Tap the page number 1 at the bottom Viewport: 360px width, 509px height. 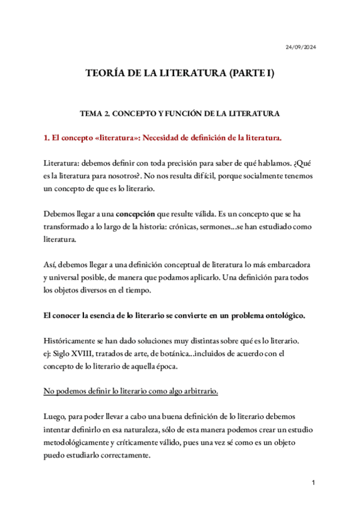pyautogui.click(x=313, y=483)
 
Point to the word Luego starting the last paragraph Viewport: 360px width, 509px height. pyautogui.click(x=56, y=417)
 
